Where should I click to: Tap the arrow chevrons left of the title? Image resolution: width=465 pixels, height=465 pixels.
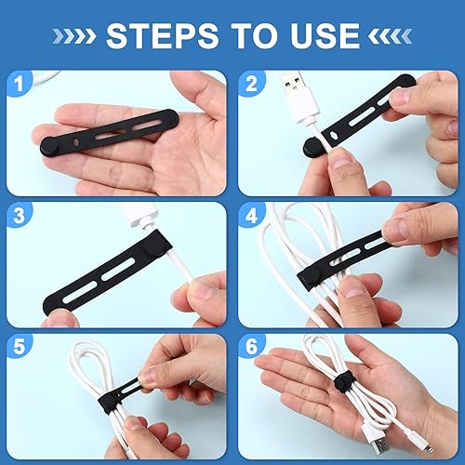point(79,36)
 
